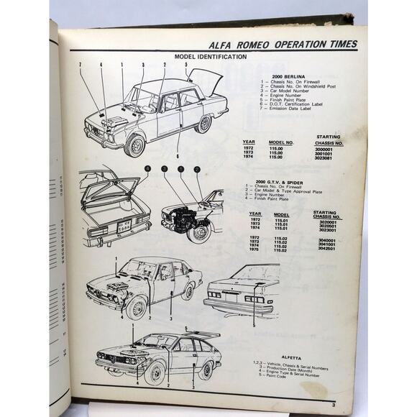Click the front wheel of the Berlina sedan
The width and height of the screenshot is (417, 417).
click(134, 146)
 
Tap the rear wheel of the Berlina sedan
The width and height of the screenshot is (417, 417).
click(205, 124)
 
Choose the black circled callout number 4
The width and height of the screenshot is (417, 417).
click(147, 170)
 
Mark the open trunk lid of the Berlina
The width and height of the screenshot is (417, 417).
click(206, 78)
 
